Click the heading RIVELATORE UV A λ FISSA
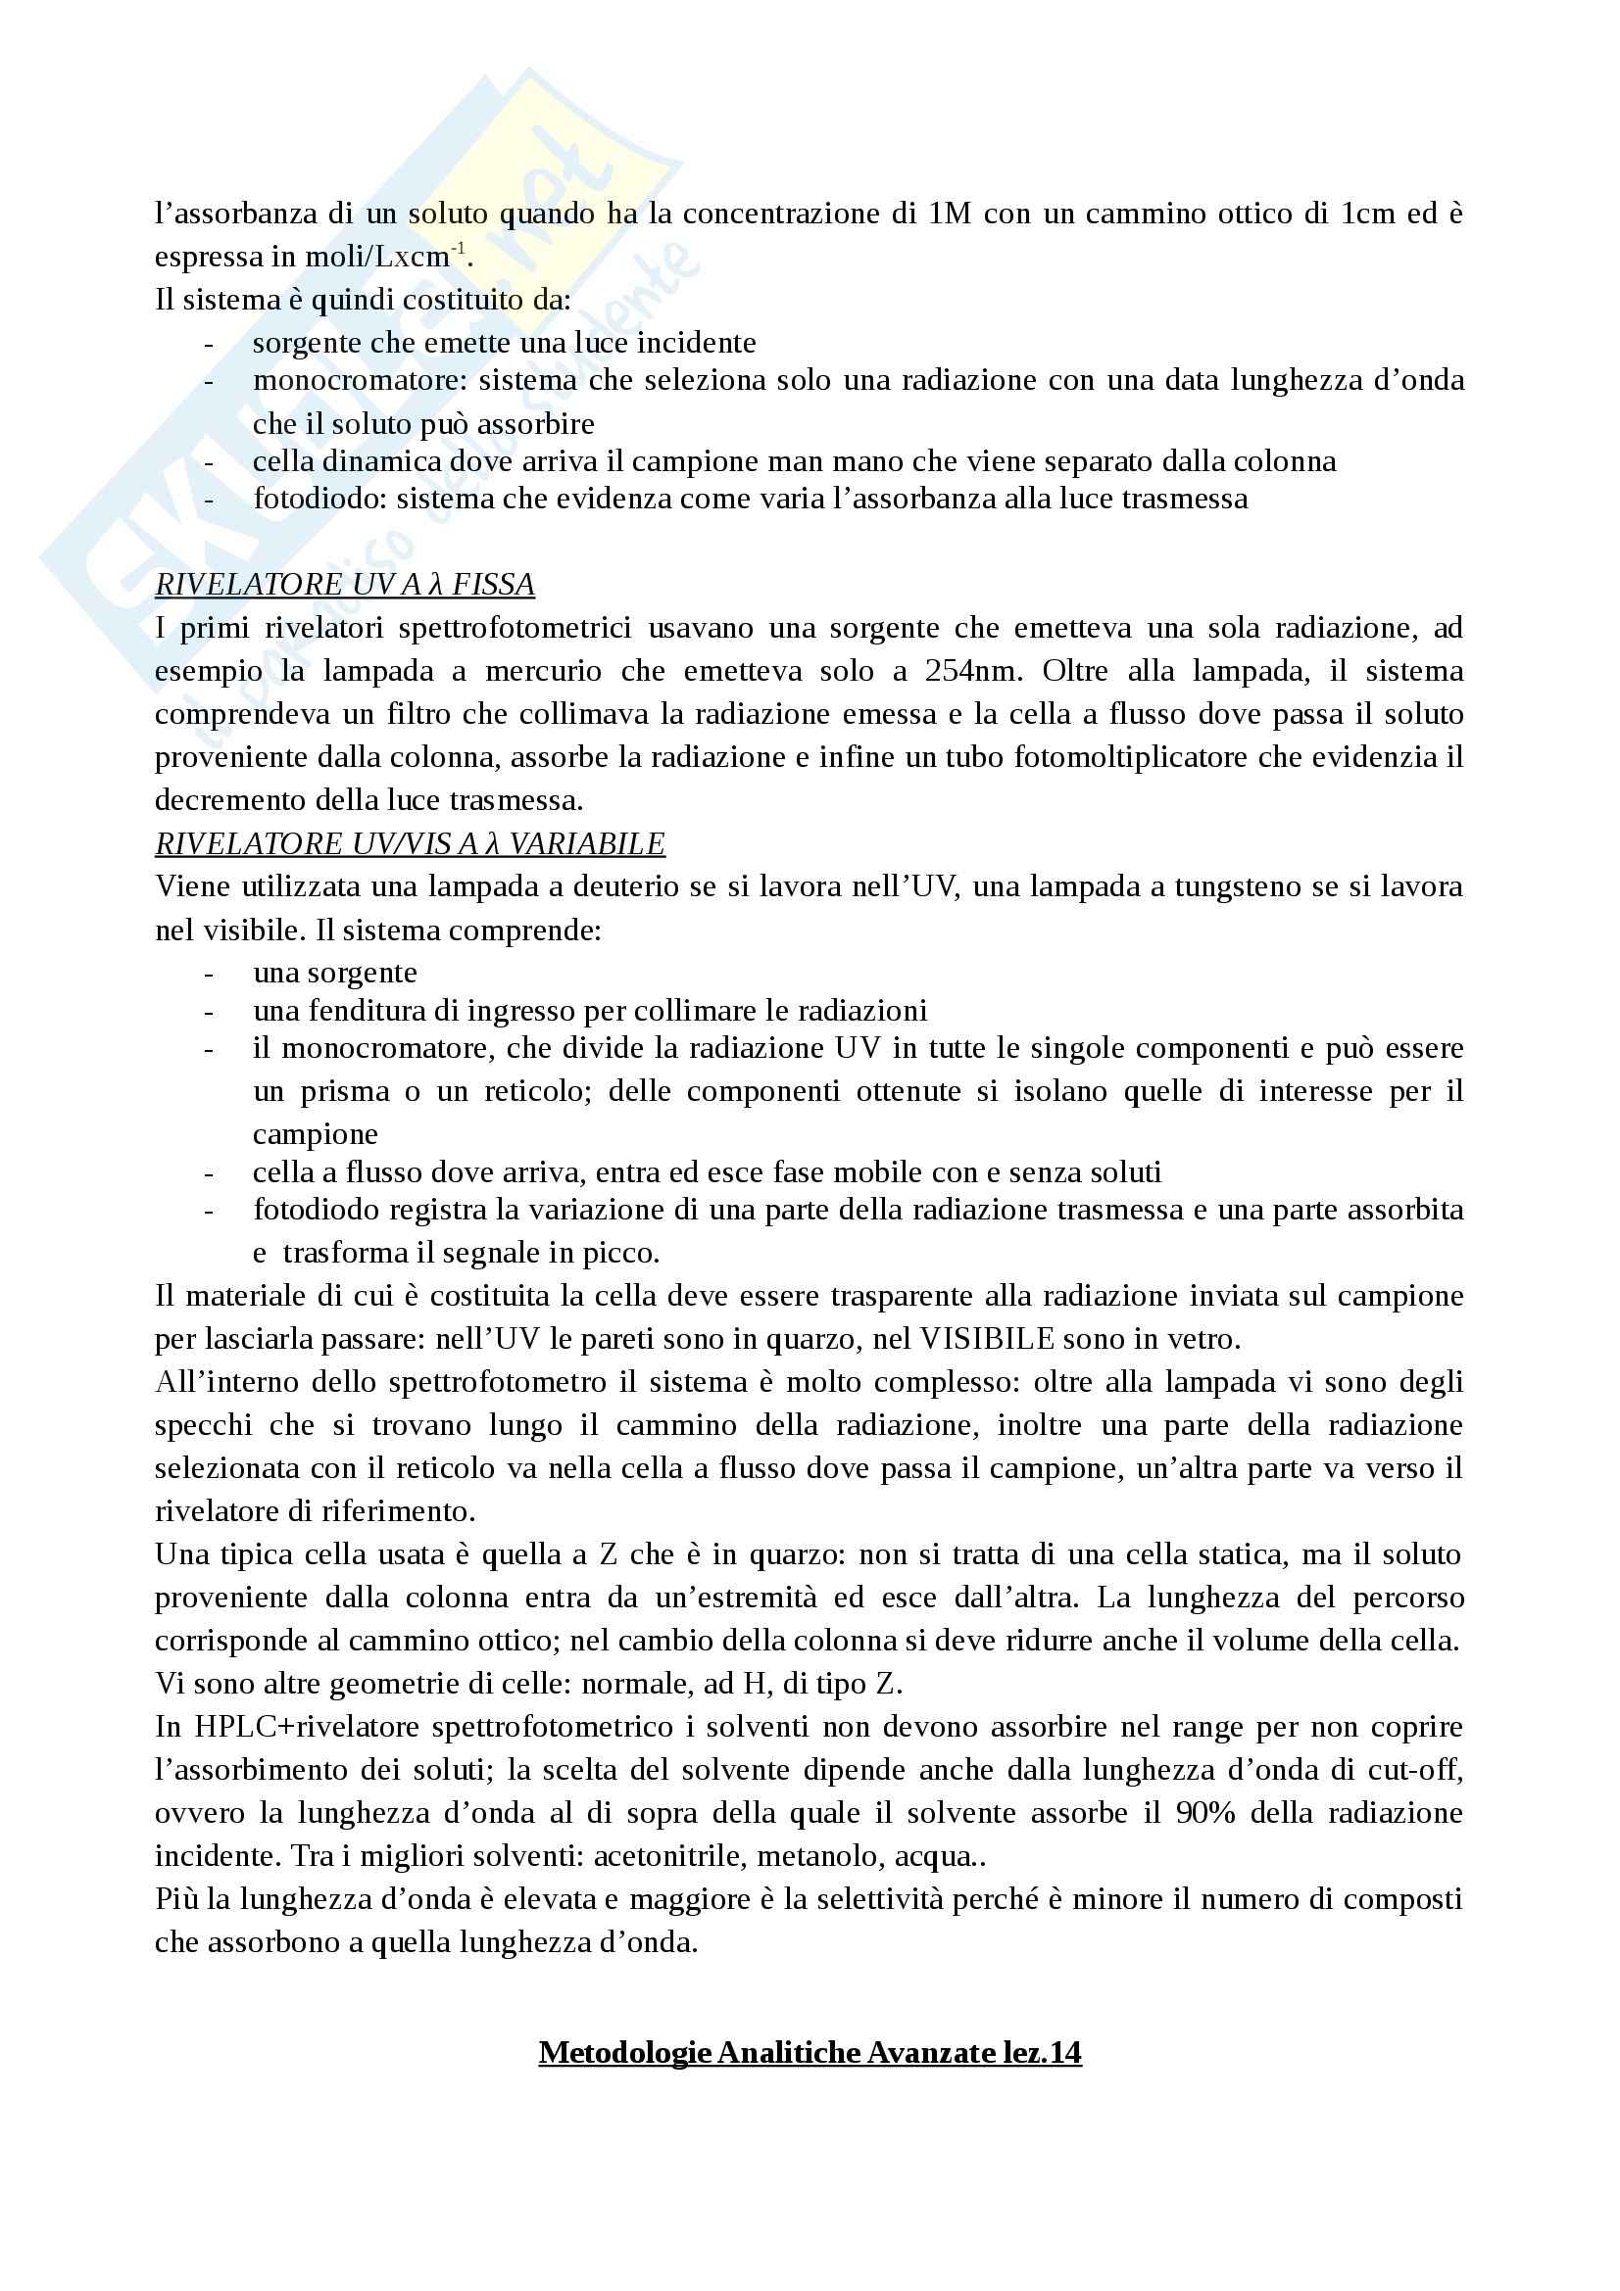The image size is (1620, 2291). point(344,584)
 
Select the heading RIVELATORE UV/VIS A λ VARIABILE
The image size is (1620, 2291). point(410,844)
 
